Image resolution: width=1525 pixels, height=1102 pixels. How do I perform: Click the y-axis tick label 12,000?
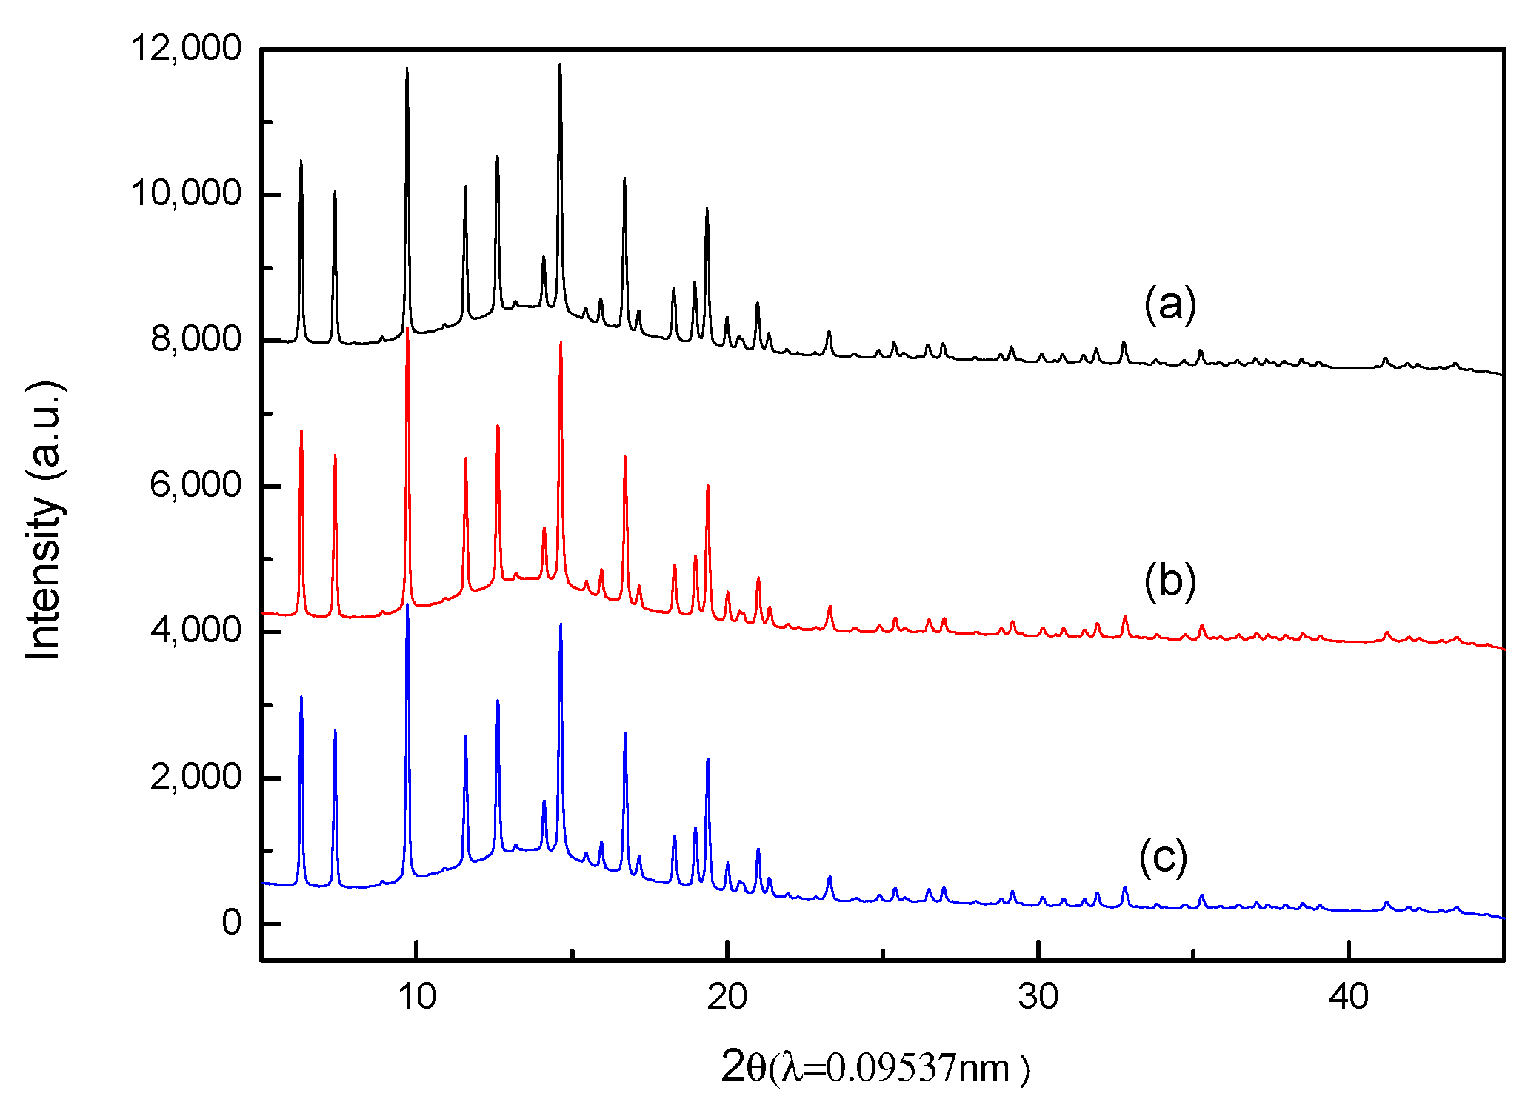point(186,49)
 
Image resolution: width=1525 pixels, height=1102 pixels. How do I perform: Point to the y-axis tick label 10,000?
point(186,194)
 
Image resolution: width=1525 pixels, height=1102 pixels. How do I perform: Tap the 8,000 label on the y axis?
point(196,340)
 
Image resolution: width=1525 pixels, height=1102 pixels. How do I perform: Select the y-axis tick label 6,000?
point(196,486)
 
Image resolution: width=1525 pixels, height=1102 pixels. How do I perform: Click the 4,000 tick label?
point(196,631)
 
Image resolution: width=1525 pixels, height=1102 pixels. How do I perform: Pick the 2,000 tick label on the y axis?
point(196,778)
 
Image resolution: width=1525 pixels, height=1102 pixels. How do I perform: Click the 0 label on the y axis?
point(231,924)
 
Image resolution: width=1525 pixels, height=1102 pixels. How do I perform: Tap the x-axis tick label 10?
point(416,998)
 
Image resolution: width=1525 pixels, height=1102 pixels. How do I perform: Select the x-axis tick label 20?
point(727,998)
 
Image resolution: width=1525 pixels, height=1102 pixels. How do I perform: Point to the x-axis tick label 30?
point(1038,998)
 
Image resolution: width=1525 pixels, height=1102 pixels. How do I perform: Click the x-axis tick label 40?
point(1348,998)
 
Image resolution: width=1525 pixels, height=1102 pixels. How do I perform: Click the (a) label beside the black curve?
point(1169,304)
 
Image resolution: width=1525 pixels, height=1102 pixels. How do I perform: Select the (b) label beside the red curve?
point(1169,581)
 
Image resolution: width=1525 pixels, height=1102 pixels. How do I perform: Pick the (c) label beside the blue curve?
point(1163,857)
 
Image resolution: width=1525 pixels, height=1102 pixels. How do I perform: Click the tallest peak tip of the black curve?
point(560,64)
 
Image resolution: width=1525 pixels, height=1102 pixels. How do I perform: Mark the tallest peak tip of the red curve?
point(407,328)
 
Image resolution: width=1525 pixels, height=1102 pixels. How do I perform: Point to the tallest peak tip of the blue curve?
point(407,604)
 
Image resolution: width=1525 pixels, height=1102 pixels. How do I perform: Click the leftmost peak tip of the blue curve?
point(301,697)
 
